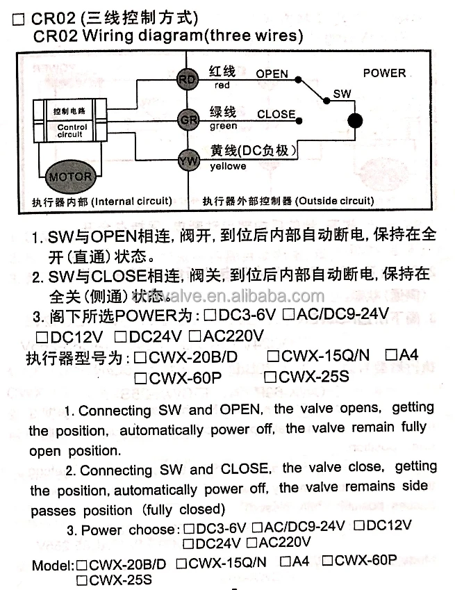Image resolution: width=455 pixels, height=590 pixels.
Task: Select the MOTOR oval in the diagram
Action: pyautogui.click(x=69, y=176)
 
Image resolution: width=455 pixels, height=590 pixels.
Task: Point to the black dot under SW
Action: pyautogui.click(x=355, y=121)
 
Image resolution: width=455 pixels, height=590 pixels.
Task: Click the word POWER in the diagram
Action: pyautogui.click(x=384, y=73)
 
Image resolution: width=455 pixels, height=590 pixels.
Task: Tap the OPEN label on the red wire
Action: pyautogui.click(x=272, y=74)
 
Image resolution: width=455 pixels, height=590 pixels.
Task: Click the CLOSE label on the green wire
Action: pyautogui.click(x=276, y=114)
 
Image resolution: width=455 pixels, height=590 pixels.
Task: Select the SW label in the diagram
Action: pyautogui.click(x=342, y=93)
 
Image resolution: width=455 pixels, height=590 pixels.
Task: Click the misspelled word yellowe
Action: pyautogui.click(x=228, y=167)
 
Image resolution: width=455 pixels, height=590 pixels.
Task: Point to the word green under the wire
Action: pyautogui.click(x=223, y=126)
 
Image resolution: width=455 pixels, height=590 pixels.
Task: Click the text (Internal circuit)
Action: pyautogui.click(x=131, y=202)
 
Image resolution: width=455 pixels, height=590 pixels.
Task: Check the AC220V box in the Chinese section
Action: pyautogui.click(x=195, y=336)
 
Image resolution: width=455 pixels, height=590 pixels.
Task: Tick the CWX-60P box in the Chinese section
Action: pyautogui.click(x=140, y=378)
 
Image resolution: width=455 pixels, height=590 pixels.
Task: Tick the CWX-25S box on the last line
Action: pyautogui.click(x=81, y=578)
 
